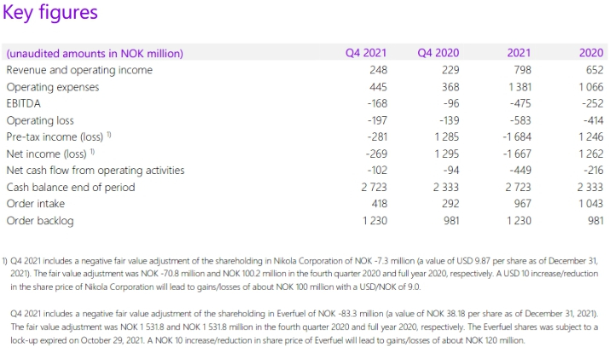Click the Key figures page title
50,14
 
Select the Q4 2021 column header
366,53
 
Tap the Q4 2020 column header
439,53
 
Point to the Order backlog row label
40,220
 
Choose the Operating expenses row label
53,87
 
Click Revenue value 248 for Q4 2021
377,70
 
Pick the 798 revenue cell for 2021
521,70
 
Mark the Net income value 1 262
589,154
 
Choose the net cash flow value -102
375,170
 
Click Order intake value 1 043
589,203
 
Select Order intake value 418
377,203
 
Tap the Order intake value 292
450,203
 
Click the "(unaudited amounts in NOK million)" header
95,53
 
